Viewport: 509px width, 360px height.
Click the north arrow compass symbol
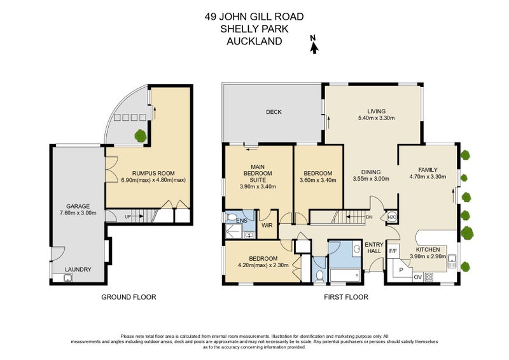313,45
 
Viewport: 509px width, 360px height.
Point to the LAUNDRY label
79,270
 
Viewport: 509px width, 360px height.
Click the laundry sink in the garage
67,278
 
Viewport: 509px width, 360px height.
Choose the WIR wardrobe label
267,225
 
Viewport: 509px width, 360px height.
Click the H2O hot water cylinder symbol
392,217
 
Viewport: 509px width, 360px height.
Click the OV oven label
417,277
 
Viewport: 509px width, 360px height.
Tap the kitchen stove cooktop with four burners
429,277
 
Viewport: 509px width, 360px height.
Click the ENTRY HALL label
374,247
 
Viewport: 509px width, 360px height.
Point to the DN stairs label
369,217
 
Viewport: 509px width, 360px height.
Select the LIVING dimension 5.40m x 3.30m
377,118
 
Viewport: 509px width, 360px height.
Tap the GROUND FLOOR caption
129,297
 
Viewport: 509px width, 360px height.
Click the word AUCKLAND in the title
254,41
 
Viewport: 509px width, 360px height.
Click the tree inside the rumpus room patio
139,134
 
